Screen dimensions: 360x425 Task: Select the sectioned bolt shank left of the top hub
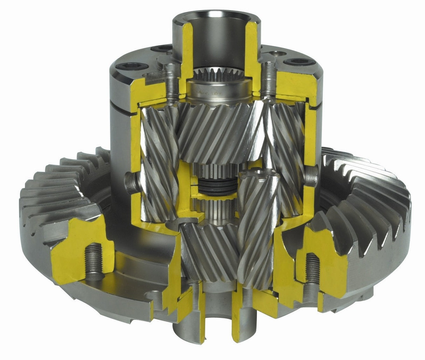pyautogui.click(x=170, y=79)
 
